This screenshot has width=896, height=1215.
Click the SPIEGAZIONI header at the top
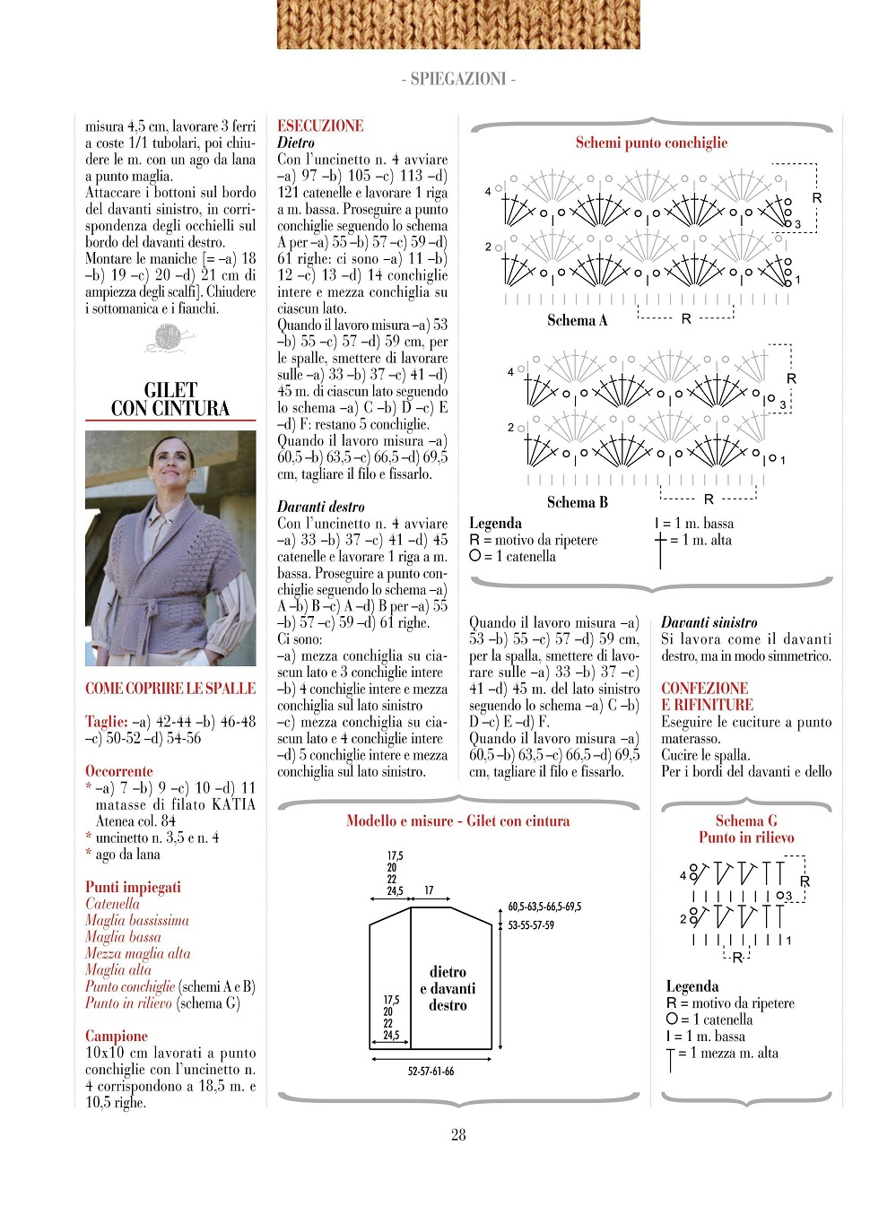click(x=458, y=79)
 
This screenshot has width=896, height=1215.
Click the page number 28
click(x=458, y=1135)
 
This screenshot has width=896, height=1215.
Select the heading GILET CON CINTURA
click(x=170, y=399)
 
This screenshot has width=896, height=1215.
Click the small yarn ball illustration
click(x=169, y=338)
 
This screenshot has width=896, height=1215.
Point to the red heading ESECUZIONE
click(x=320, y=126)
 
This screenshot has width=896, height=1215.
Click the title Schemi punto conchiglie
click(x=651, y=143)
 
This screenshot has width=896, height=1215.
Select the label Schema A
click(x=578, y=320)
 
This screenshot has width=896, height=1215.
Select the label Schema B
click(x=578, y=502)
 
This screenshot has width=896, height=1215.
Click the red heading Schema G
click(x=746, y=820)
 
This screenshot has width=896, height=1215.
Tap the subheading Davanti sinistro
click(x=709, y=622)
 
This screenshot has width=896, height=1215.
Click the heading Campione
click(x=117, y=1036)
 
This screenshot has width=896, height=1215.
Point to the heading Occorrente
click(x=119, y=771)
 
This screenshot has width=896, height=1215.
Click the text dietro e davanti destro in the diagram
click(x=448, y=988)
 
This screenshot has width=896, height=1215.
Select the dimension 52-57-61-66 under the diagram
click(x=431, y=1071)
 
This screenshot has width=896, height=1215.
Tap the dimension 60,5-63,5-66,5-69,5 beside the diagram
click(x=544, y=907)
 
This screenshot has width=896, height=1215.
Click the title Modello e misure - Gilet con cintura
click(x=457, y=820)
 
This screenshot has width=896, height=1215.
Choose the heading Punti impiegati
click(x=133, y=887)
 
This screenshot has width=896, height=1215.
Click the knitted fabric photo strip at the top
click(x=458, y=24)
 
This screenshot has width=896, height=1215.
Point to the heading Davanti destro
click(x=320, y=507)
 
